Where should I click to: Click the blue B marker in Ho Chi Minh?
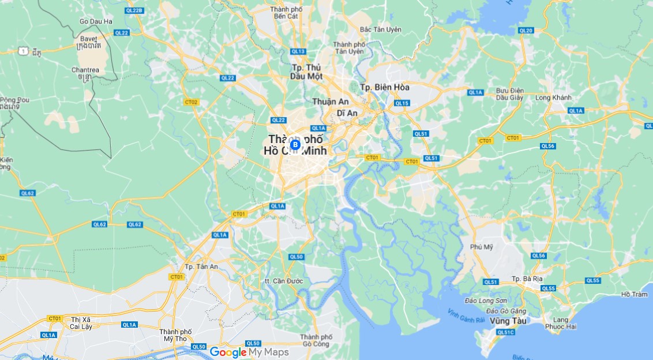[x=295, y=144]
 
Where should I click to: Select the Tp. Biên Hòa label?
[x=385, y=87]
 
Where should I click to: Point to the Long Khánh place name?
[x=552, y=97]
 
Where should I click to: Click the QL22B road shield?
[x=134, y=10]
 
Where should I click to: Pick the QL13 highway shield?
[x=298, y=51]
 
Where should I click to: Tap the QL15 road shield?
[x=401, y=103]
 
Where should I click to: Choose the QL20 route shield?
[x=526, y=31]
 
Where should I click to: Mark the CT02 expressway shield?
[x=191, y=102]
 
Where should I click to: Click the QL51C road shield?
[x=506, y=332]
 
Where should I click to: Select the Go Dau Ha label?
[x=96, y=21]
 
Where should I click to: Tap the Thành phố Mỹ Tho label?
[x=176, y=335]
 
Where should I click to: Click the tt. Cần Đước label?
[x=283, y=281]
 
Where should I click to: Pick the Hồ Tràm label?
[x=634, y=294]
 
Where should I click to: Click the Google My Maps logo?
[x=249, y=352]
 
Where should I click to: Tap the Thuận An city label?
[x=331, y=102]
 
